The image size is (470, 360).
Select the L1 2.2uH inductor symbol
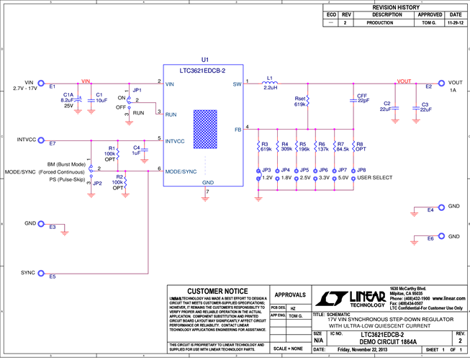coord(270,84)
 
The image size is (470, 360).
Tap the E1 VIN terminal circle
coord(41,84)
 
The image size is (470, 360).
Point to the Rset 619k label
coord(300,102)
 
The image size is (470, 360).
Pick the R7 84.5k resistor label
coord(341,146)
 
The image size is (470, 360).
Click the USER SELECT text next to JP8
coord(376,177)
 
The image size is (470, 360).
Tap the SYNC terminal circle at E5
coord(41,273)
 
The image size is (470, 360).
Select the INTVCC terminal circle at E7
coord(41,140)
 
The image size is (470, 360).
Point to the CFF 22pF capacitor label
coord(362,98)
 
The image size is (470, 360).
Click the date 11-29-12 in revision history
coord(455,23)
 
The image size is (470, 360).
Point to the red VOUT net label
coord(405,81)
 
